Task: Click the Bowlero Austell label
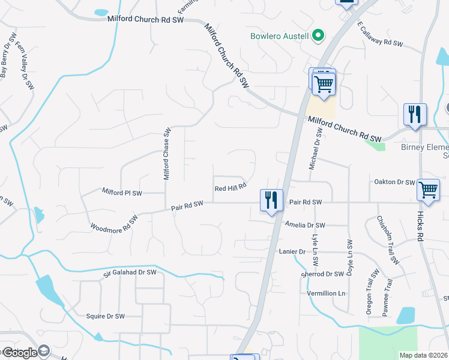280,36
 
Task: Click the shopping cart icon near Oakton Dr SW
429,190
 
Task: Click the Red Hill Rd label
231,187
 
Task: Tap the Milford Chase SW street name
167,154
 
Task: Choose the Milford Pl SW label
122,193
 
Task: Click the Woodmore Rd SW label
114,222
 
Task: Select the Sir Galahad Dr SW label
130,272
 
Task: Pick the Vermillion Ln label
327,293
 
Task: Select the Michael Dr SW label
312,152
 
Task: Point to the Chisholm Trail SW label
387,241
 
